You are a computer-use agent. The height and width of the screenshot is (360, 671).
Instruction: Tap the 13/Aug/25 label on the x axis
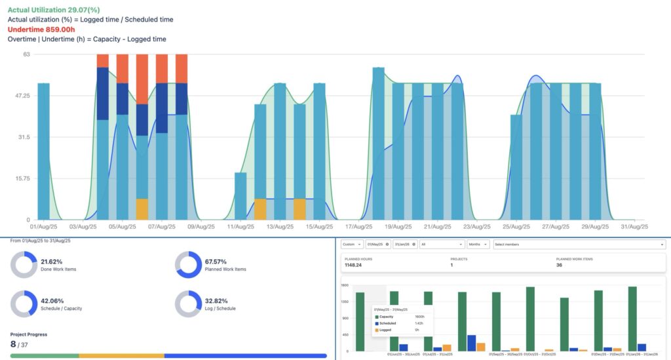(x=279, y=227)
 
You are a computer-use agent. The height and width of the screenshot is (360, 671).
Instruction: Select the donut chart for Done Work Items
(x=24, y=265)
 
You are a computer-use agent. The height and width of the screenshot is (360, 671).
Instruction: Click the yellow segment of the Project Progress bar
(x=121, y=356)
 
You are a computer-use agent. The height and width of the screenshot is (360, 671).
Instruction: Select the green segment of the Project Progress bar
(x=45, y=356)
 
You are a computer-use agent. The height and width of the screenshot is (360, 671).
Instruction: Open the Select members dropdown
(x=579, y=244)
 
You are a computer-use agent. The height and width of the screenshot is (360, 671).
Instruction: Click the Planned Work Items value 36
(x=559, y=266)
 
